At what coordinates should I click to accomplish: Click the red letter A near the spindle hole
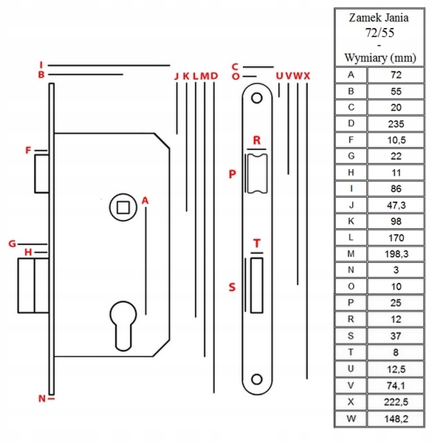tap(145, 200)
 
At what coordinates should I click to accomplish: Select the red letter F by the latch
tap(28, 151)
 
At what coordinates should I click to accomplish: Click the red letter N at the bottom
tap(42, 399)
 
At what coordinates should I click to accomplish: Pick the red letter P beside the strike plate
tap(232, 175)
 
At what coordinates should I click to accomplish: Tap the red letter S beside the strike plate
tap(232, 287)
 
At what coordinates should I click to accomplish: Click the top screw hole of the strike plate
tap(257, 97)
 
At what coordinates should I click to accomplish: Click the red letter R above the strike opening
tap(257, 140)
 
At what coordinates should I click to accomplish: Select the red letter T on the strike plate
tap(257, 243)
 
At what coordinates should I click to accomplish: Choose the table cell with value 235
tap(396, 123)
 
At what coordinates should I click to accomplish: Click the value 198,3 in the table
tap(396, 253)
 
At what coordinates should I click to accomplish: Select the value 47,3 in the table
tap(396, 205)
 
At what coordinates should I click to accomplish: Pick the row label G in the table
tap(351, 156)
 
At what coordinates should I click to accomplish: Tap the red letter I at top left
tap(43, 64)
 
